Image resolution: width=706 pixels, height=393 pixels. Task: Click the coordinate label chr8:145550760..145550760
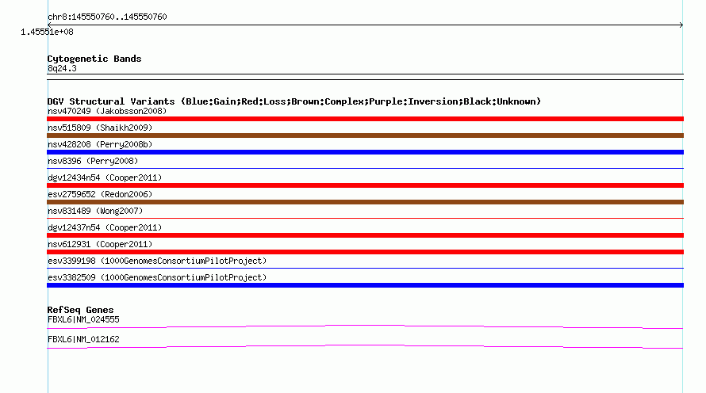pos(107,17)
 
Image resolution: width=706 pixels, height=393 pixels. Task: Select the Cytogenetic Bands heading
pos(94,59)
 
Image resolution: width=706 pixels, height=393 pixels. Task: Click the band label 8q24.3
pos(62,68)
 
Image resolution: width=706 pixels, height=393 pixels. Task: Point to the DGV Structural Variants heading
pos(294,101)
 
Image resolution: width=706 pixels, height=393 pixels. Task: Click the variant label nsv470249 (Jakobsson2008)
pos(107,111)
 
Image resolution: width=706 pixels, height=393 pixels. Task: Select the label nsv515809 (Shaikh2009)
pos(100,128)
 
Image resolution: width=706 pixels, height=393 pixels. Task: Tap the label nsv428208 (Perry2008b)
pos(100,144)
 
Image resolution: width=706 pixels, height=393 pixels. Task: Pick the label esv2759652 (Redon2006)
pos(100,194)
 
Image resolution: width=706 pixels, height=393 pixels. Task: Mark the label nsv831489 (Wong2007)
pos(94,211)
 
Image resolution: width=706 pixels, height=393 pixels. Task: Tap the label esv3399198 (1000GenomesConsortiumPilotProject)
pos(157,261)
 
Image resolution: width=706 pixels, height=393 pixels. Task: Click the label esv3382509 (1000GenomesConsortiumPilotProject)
pos(157,277)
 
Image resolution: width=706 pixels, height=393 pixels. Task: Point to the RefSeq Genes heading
pos(80,310)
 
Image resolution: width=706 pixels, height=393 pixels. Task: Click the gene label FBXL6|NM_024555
pos(83,319)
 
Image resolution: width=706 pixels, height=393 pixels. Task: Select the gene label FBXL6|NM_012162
pos(83,339)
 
